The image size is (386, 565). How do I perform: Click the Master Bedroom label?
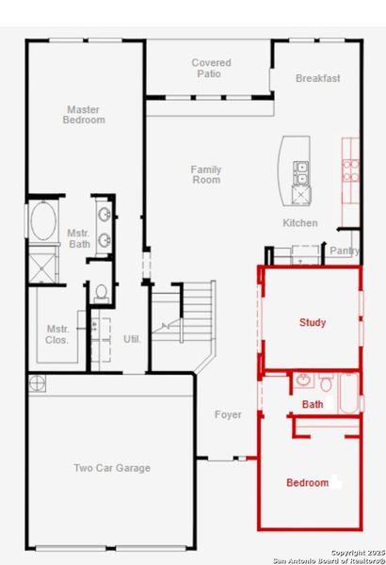(84, 115)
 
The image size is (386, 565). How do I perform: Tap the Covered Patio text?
(211, 69)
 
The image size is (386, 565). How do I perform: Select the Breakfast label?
(317, 78)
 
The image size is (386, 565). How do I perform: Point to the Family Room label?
(206, 175)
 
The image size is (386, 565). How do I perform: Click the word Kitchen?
(300, 223)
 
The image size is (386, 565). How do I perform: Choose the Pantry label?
(345, 250)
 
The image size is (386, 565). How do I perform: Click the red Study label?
(313, 323)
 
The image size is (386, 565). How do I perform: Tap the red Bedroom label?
(307, 483)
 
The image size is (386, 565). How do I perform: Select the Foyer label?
(228, 414)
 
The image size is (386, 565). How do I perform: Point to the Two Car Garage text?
(112, 468)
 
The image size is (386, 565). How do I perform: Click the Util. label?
(132, 338)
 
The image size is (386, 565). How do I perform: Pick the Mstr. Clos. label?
(58, 334)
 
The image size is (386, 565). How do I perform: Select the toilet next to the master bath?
(101, 292)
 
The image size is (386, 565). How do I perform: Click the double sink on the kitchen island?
(302, 173)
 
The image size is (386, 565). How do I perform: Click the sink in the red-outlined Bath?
(303, 381)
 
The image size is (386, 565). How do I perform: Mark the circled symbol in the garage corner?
(37, 382)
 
